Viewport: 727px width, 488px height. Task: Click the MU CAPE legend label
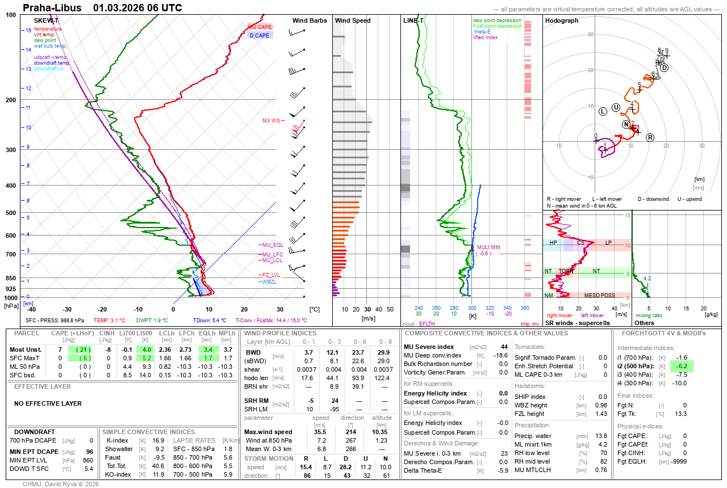point(260,27)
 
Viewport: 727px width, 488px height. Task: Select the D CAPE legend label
point(260,35)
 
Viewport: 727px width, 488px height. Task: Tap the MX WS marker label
point(271,121)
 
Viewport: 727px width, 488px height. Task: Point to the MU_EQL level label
point(271,245)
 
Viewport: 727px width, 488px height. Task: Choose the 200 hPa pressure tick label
point(10,100)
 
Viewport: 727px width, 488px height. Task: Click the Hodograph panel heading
point(562,20)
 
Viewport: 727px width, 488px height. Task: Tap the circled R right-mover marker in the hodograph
point(650,137)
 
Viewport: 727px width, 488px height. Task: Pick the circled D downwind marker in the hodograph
point(664,68)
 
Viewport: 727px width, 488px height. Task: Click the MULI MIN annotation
point(488,247)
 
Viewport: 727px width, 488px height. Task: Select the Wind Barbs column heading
point(310,20)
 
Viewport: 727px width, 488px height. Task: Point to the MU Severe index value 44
point(504,347)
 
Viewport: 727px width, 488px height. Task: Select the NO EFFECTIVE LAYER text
point(48,403)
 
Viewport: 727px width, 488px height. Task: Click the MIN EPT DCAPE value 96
point(89,451)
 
